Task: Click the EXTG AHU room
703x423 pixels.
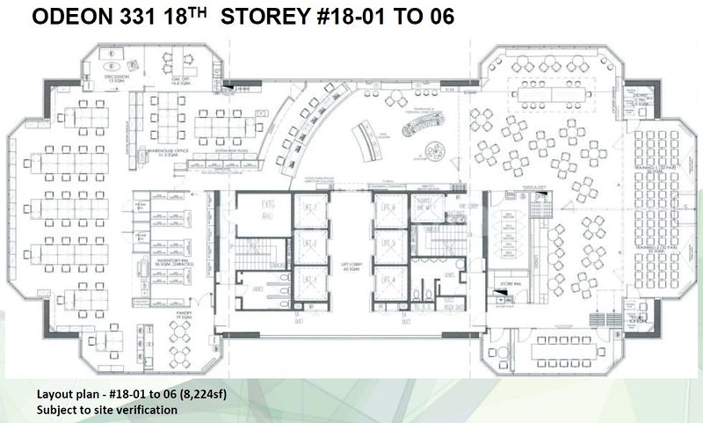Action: pos(266,216)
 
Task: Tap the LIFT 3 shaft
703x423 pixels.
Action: pos(308,209)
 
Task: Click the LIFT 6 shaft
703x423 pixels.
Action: pos(385,209)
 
